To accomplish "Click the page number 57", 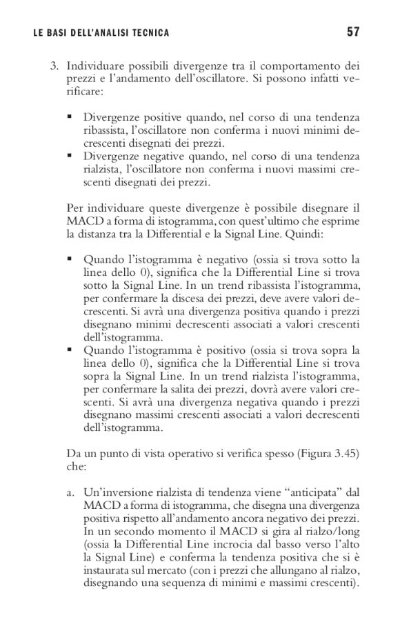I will coord(353,32).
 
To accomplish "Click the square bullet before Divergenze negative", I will coord(70,157).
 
